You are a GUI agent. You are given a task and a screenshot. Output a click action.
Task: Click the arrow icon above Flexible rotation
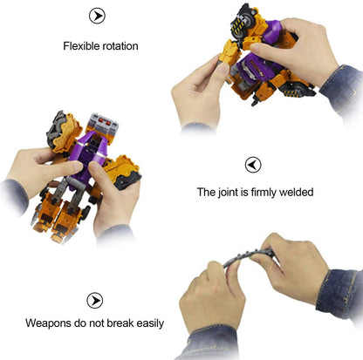coord(97,16)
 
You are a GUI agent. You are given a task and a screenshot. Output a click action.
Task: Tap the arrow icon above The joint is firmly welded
coord(253,165)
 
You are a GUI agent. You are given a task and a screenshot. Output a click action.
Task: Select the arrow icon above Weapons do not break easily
coord(95,301)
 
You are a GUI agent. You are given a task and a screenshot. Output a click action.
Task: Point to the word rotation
coord(119,46)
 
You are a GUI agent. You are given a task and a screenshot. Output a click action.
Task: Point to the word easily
coord(150,323)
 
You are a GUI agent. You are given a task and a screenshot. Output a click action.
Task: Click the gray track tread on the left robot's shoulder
coord(56,129)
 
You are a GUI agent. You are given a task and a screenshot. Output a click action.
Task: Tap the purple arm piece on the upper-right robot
coord(271,32)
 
